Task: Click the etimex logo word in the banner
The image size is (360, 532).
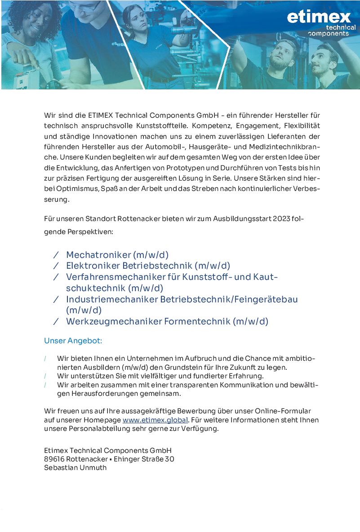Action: [x=319, y=17]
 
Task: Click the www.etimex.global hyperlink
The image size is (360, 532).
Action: [x=155, y=420]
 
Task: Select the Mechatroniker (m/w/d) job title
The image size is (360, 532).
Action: [x=117, y=255]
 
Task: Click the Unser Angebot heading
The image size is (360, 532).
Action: [x=73, y=341]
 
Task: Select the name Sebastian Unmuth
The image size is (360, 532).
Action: [x=76, y=468]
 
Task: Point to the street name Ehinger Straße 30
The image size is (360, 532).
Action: [x=144, y=459]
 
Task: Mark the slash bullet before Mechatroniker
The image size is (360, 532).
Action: [x=56, y=255]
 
